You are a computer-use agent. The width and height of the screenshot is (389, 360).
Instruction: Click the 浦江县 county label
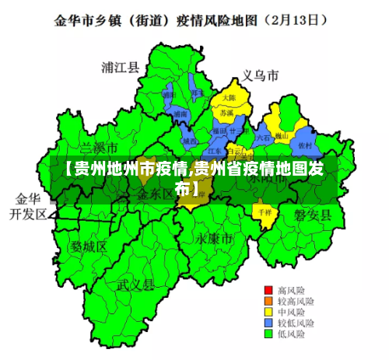pyautogui.click(x=121, y=68)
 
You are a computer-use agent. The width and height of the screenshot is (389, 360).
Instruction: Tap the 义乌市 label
pyautogui.click(x=260, y=76)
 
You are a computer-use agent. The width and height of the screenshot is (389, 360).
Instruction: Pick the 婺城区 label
pyautogui.click(x=89, y=246)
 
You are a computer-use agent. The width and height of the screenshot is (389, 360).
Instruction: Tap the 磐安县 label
pyautogui.click(x=313, y=215)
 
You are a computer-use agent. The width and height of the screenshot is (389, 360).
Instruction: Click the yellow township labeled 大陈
pyautogui.click(x=230, y=99)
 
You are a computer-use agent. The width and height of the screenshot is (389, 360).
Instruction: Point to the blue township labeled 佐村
pyautogui.click(x=305, y=145)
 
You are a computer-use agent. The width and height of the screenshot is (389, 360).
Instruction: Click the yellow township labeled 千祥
pyautogui.click(x=264, y=211)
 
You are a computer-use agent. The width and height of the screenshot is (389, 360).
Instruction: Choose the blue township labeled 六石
pyautogui.click(x=264, y=139)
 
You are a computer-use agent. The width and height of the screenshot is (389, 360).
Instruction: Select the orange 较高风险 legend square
pyautogui.click(x=269, y=300)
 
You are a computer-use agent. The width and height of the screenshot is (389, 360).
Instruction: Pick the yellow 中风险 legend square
pyautogui.click(x=269, y=311)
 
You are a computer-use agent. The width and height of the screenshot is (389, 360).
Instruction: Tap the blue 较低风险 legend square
pyautogui.click(x=269, y=322)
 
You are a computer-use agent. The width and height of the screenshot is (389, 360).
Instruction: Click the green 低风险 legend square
pyautogui.click(x=269, y=334)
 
